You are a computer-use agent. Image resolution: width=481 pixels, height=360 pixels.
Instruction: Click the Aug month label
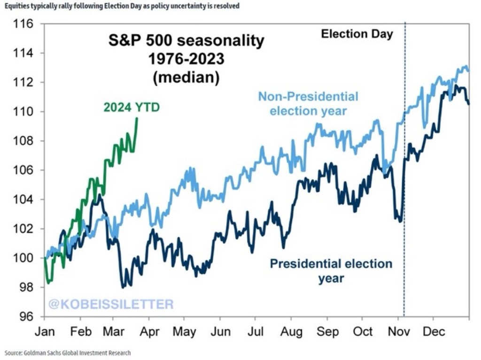[x=291, y=331]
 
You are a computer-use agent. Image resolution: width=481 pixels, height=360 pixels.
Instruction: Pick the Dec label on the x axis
[x=434, y=331]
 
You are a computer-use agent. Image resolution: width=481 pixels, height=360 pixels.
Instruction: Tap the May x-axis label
[x=185, y=331]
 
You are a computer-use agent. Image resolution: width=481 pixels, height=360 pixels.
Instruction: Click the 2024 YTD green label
[x=132, y=107]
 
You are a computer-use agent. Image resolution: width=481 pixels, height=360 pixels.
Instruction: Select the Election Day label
[x=357, y=34]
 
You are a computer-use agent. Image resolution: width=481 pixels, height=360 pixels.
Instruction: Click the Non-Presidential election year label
[x=308, y=104]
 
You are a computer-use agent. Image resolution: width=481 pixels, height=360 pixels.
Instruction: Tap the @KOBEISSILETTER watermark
[x=110, y=304]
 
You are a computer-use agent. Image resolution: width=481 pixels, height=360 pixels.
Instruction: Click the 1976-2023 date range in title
[x=186, y=60]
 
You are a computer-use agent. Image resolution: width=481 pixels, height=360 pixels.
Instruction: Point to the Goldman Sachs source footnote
[x=68, y=352]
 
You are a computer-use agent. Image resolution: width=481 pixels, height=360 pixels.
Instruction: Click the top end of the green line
[x=137, y=118]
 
